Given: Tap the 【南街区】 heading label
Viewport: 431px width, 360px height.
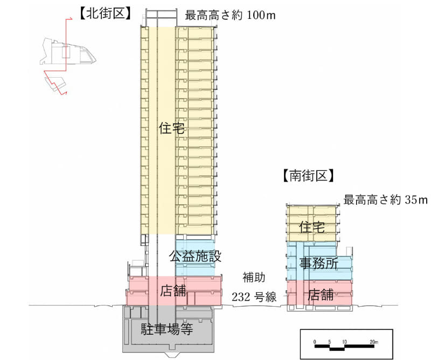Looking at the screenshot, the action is tap(308, 176).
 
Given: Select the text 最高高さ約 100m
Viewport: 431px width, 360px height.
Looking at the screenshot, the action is tap(230, 15).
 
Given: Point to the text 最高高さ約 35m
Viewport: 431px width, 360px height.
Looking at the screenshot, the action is tap(385, 200).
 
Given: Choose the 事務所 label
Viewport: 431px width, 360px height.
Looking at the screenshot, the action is tap(319, 264).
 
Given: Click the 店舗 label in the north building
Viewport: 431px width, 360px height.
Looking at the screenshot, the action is tap(173, 291).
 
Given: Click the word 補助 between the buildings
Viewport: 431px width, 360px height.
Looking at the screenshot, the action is tap(254, 279).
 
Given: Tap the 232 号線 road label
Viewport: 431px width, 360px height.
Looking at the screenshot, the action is tap(253, 296).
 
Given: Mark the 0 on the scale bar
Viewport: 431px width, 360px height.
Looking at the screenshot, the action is tap(315, 341).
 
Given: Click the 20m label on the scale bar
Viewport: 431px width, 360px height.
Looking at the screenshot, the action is tap(374, 341).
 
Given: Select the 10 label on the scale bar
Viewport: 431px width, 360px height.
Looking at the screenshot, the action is tap(344, 341).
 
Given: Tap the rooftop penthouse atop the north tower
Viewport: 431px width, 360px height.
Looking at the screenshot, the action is tap(160, 18).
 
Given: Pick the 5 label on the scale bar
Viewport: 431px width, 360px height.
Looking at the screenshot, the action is tap(330, 341).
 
